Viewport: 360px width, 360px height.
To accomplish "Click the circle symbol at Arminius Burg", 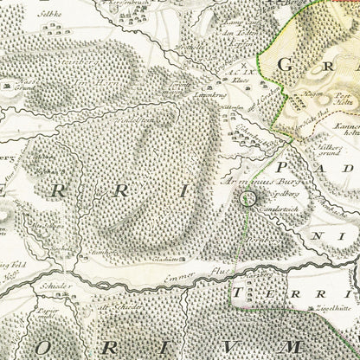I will point(248,200).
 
